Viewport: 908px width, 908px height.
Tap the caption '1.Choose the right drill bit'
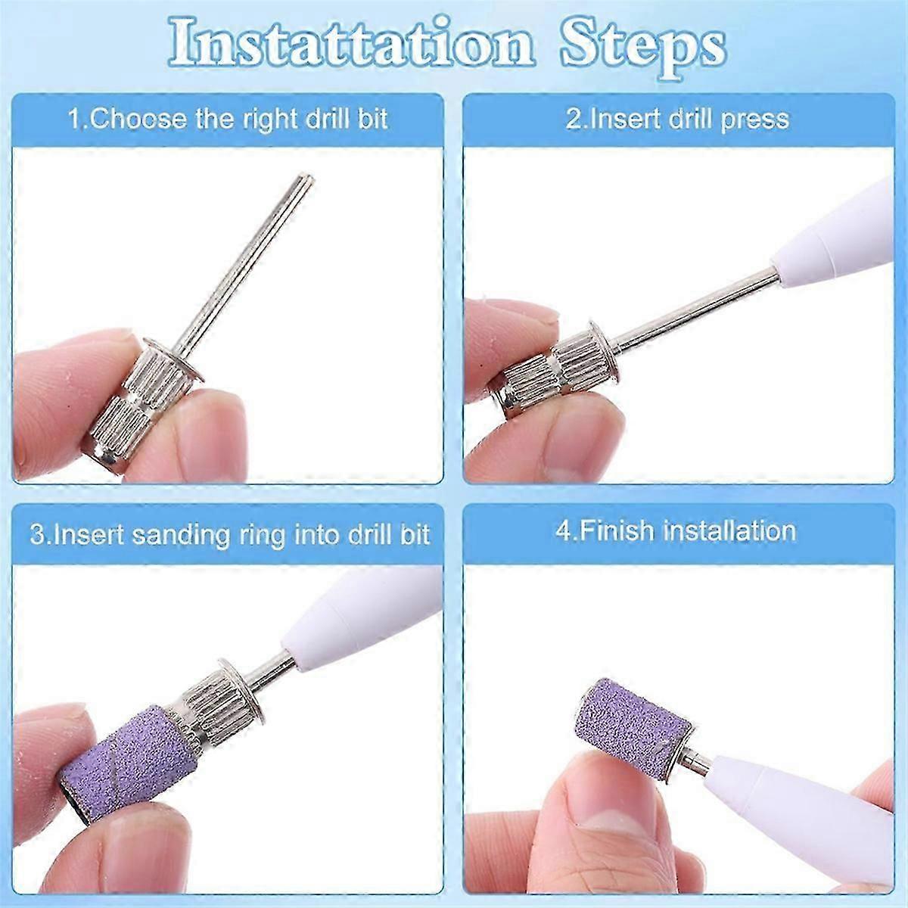point(228,120)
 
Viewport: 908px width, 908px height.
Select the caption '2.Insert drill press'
point(677,120)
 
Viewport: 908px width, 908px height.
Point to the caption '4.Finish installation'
point(676,531)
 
